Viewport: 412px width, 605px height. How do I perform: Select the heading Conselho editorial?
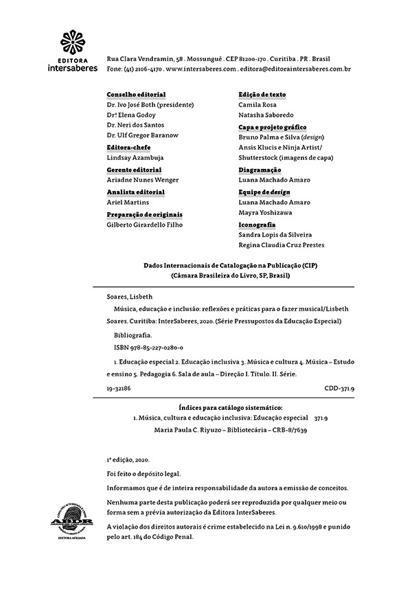[136, 94]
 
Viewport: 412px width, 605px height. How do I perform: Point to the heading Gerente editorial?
[134, 170]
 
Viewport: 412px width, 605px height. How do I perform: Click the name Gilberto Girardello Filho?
[145, 225]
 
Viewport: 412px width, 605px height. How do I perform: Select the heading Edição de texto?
[262, 94]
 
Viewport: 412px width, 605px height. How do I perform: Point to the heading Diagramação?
[260, 170]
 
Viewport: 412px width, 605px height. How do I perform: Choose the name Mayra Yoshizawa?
[265, 213]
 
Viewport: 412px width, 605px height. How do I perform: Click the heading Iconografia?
[257, 225]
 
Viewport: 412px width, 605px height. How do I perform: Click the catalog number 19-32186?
[119, 388]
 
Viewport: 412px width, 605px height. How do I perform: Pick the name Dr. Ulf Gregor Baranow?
[143, 135]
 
